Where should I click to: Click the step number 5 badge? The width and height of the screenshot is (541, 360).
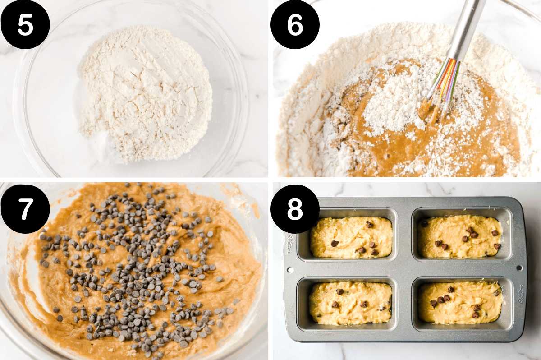(25, 25)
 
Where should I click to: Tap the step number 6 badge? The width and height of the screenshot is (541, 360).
(295, 25)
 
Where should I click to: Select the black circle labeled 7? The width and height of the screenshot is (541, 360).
(25, 209)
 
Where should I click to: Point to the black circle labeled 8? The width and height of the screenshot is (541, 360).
(295, 209)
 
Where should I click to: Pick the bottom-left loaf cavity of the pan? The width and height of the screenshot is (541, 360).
(350, 302)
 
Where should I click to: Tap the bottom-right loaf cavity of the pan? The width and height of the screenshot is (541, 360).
(460, 302)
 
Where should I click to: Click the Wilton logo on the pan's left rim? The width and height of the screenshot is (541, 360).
(289, 244)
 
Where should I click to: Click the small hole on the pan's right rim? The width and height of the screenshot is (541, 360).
(519, 268)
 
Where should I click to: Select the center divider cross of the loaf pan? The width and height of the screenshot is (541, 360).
(405, 269)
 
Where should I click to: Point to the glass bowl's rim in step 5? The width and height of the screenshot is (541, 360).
(243, 90)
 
